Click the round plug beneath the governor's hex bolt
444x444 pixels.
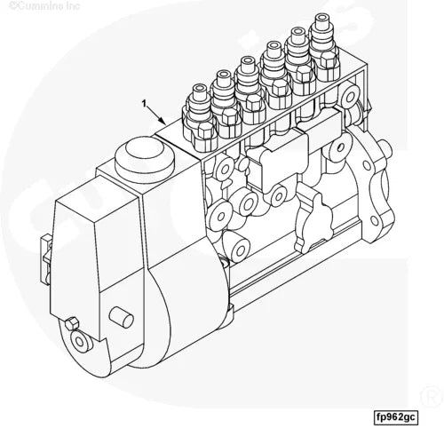point(83,339)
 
